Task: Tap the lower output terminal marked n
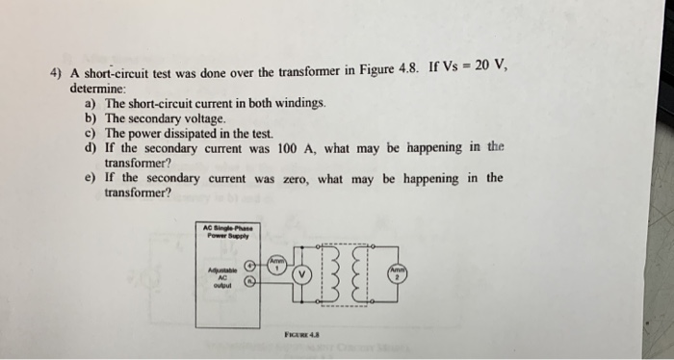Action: pos(251,281)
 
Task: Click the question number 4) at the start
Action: pos(57,81)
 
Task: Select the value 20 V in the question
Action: pos(488,65)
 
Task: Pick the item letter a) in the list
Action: pos(91,103)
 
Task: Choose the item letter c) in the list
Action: pos(91,133)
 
